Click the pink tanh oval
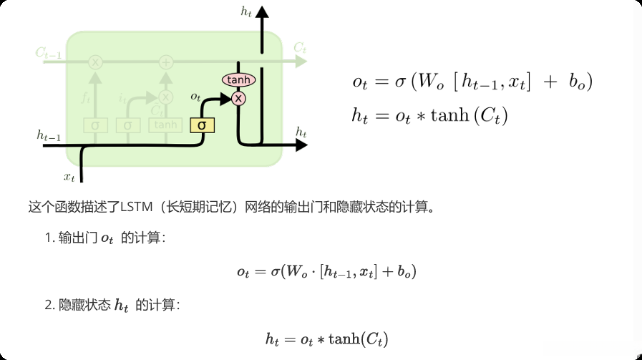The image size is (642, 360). pyautogui.click(x=238, y=80)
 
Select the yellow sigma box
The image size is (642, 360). pyautogui.click(x=202, y=125)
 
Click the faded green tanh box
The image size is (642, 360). pyautogui.click(x=165, y=125)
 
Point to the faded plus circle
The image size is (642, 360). pyautogui.click(x=166, y=62)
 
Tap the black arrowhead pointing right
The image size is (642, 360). pyautogui.click(x=301, y=145)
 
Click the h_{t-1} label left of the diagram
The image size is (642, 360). pyautogui.click(x=49, y=134)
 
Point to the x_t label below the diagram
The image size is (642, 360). pyautogui.click(x=69, y=176)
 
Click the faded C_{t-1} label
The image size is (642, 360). pyautogui.click(x=47, y=52)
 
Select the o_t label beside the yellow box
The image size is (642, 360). pyautogui.click(x=195, y=96)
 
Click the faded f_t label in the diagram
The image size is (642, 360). pyautogui.click(x=86, y=95)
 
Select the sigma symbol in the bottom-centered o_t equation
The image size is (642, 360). pyautogui.click(x=274, y=272)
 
